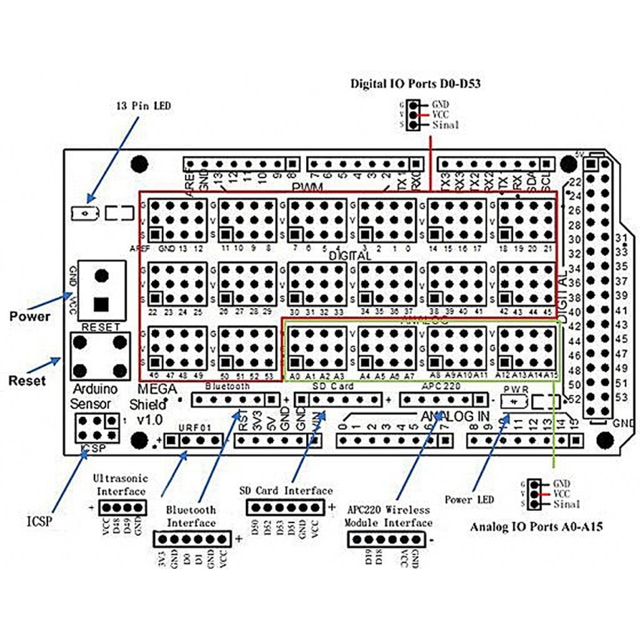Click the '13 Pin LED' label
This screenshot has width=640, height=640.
143,106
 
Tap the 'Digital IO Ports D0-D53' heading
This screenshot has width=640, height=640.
415,83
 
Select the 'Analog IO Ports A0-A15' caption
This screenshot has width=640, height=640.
536,527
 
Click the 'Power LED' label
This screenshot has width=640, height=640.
469,499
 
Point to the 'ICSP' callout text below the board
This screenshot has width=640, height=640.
39,519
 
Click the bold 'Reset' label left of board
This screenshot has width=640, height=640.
27,380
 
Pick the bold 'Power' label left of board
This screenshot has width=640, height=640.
29,316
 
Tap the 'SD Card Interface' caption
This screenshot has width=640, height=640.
286,491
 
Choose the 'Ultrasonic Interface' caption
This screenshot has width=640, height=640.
121,484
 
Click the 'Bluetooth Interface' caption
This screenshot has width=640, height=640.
192,516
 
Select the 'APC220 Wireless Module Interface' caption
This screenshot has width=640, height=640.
389,516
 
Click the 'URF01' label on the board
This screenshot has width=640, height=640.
191,427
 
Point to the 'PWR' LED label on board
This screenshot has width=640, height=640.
516,389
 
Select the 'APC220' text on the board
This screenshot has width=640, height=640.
441,387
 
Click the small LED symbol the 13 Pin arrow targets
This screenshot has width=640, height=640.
83,213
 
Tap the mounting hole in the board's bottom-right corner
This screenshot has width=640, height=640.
604,439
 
